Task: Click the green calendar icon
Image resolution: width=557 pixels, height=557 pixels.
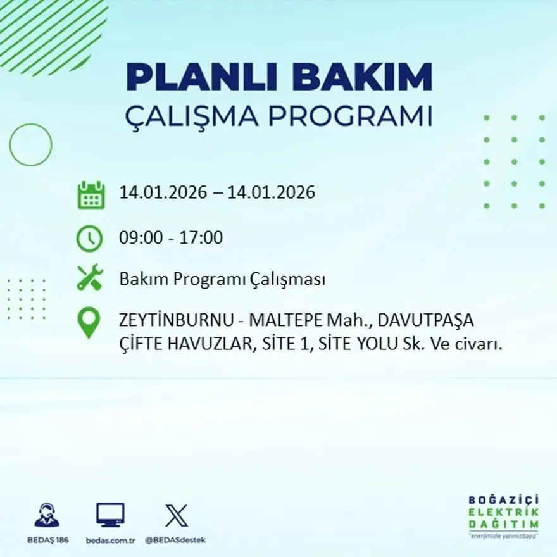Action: (x=91, y=195)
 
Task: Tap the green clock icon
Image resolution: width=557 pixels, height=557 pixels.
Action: (x=89, y=239)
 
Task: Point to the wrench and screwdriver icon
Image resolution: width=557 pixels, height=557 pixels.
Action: (x=89, y=278)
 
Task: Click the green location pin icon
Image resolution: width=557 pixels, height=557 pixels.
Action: (x=89, y=322)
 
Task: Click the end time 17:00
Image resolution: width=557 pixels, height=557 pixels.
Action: (x=202, y=238)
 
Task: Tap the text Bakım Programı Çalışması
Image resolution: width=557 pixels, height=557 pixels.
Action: (x=222, y=279)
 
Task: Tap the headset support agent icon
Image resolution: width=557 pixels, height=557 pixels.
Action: (x=47, y=515)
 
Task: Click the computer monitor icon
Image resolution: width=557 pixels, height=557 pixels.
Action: (x=110, y=515)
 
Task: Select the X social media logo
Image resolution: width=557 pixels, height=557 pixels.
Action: (x=176, y=515)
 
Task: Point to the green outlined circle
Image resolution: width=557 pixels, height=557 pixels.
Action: (x=30, y=145)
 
